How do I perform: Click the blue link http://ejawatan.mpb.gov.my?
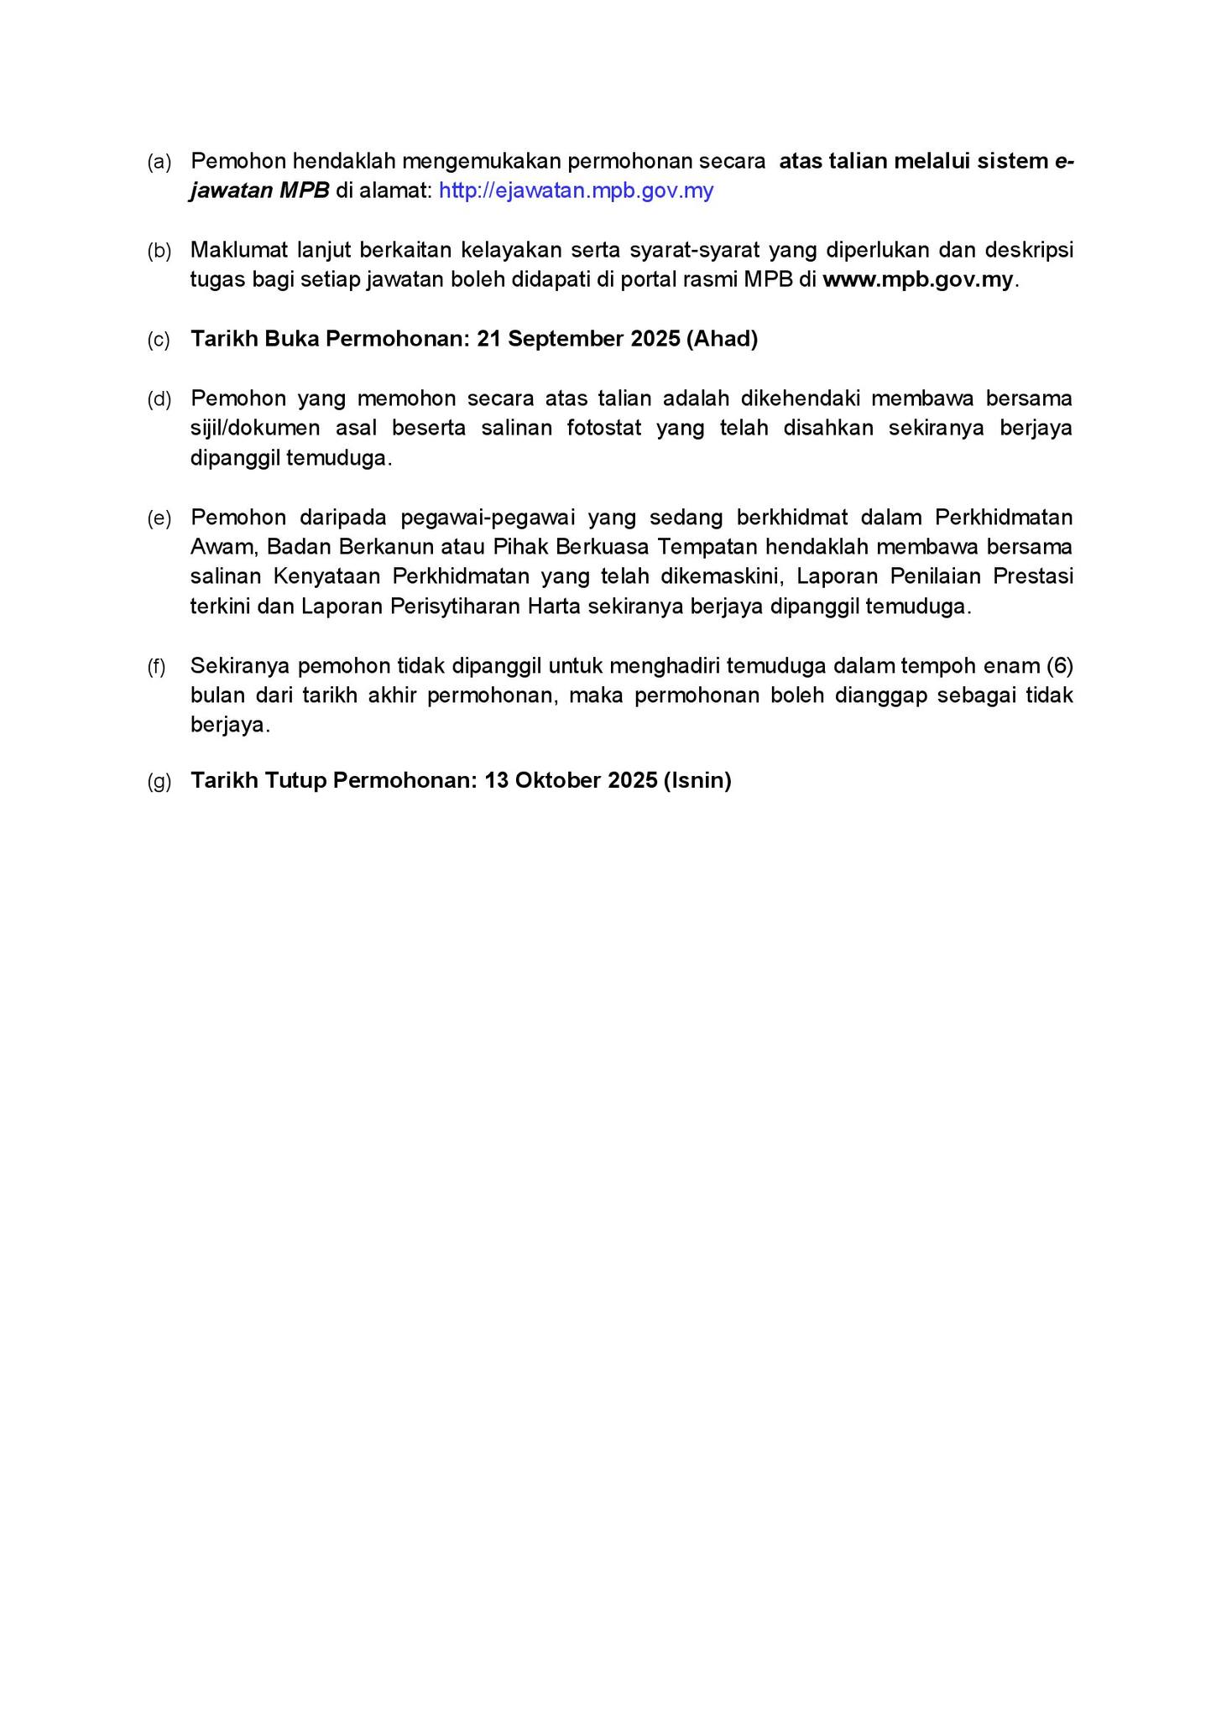576,191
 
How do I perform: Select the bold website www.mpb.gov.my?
918,280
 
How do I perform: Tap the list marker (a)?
159,162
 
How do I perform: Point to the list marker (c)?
159,340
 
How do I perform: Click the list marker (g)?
159,782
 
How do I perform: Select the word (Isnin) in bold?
697,781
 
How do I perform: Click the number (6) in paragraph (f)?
1060,666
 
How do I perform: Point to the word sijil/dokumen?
255,429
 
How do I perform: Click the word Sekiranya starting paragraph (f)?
239,666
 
